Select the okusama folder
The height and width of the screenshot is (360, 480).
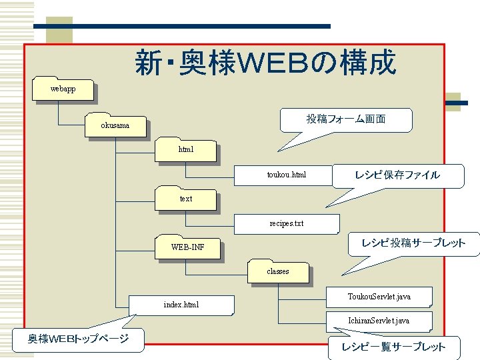[x=115, y=125]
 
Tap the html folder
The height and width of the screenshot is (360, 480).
[x=185, y=150]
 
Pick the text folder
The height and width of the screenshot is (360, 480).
[x=185, y=199]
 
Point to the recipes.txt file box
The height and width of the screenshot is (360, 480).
[x=286, y=223]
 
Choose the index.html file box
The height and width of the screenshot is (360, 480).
[x=181, y=305]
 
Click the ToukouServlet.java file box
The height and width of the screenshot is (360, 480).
[x=379, y=296]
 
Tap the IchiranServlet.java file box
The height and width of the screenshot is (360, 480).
[x=379, y=321]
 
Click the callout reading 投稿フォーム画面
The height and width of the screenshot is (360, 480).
[x=345, y=119]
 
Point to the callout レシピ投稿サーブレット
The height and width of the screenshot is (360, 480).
[x=413, y=243]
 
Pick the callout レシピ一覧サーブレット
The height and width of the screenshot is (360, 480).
[x=393, y=347]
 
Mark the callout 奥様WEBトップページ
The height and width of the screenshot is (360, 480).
[x=78, y=339]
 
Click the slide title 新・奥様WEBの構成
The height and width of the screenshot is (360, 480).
[x=265, y=63]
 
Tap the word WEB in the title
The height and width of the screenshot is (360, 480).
[x=272, y=64]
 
